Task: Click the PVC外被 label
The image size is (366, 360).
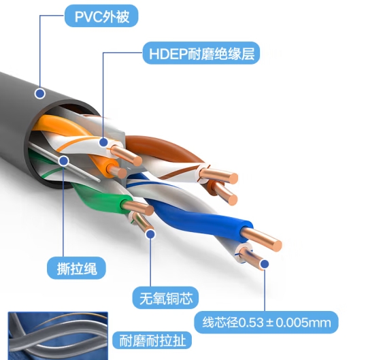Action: pyautogui.click(x=101, y=16)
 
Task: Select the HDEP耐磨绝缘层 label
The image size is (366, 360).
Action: pyautogui.click(x=201, y=53)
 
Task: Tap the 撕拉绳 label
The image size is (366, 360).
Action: pyautogui.click(x=76, y=268)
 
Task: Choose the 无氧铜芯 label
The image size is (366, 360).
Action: pyautogui.click(x=165, y=298)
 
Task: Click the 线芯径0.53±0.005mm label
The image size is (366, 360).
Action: pyautogui.click(x=266, y=323)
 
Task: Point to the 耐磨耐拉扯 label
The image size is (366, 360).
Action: pyautogui.click(x=152, y=341)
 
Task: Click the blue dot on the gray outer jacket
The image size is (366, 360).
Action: pyautogui.click(x=40, y=94)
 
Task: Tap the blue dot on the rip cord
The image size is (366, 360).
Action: pyautogui.click(x=64, y=161)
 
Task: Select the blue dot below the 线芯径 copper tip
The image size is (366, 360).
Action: pyautogui.click(x=265, y=264)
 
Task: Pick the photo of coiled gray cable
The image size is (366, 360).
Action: pyautogui.click(x=58, y=336)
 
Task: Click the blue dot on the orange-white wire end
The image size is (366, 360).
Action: pyautogui.click(x=103, y=142)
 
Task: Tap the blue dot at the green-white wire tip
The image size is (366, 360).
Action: pyautogui.click(x=150, y=234)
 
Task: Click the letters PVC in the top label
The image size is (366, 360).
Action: pyautogui.click(x=88, y=16)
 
